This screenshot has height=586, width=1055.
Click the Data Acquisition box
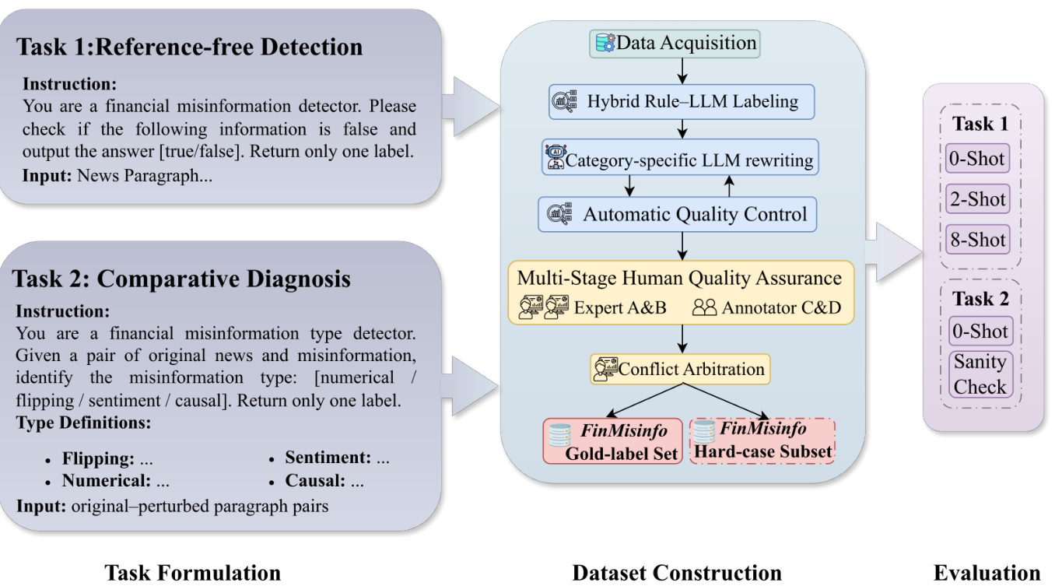(675, 44)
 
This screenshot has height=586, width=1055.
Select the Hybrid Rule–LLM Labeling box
(681, 101)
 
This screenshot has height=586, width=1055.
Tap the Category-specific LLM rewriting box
(680, 160)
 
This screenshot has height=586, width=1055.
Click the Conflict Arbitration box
(680, 368)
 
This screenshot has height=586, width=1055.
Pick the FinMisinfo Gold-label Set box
(612, 441)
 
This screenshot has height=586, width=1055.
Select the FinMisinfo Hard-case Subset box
(762, 441)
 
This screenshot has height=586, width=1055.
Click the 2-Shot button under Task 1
(978, 199)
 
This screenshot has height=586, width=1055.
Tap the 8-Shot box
(978, 240)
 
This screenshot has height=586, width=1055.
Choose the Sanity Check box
(980, 374)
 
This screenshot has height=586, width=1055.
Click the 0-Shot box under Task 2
(979, 332)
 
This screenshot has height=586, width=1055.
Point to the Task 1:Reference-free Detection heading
(190, 47)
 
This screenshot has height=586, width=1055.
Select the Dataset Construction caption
(677, 574)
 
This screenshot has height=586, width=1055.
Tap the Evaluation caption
(987, 574)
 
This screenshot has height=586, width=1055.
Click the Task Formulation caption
(193, 574)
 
